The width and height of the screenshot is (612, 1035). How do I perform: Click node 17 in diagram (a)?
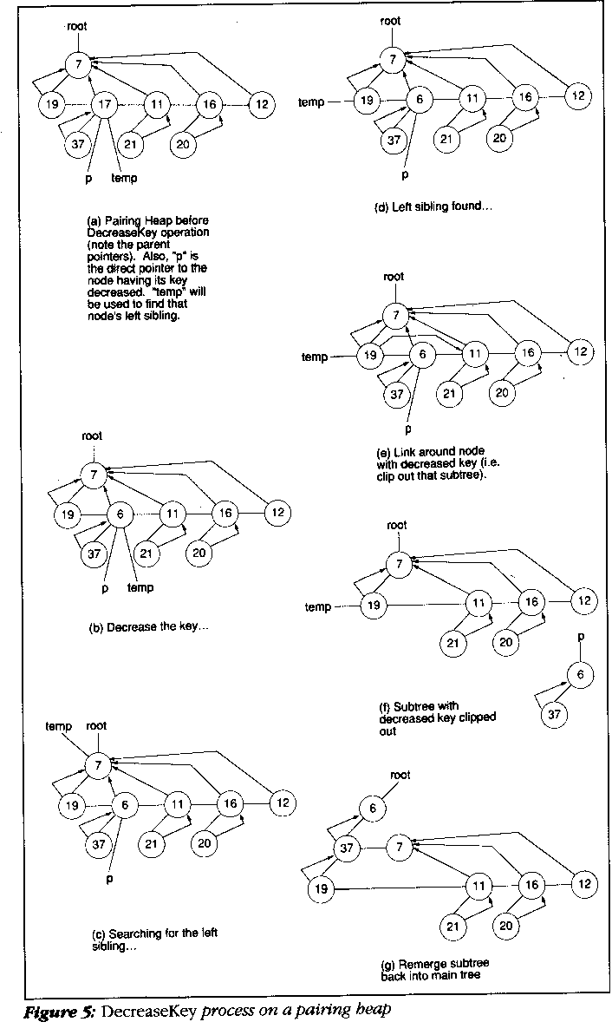(105, 105)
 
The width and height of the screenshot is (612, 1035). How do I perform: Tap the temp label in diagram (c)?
(58, 724)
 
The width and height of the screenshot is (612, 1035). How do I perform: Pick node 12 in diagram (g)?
(584, 884)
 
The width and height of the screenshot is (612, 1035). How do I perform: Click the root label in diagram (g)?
(400, 775)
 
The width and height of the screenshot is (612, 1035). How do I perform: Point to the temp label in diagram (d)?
(311, 102)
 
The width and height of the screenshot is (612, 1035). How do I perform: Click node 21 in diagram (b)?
(147, 553)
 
